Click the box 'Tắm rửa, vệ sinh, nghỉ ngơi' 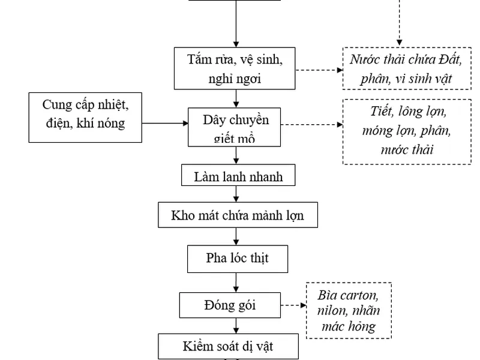pos(235,68)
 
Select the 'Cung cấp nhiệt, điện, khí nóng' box pos(85,117)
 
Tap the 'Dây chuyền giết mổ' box pos(236,127)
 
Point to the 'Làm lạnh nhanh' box pos(238,176)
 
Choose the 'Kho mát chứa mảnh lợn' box pos(237,215)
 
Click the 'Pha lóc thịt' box pos(237,258)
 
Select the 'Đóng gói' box pos(230,305)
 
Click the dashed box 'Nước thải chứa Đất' pos(406,68)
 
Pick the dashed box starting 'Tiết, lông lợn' pos(406,131)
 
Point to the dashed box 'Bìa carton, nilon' pos(349,310)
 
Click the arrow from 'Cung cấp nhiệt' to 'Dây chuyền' pos(165,124)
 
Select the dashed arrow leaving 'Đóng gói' pos(293,305)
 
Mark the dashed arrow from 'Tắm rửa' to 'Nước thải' pos(319,70)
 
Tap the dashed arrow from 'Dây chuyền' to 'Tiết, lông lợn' pos(313,125)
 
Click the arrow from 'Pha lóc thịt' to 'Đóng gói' pos(236,281)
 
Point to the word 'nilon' pos(332,311)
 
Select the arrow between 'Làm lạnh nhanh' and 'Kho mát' pos(236,194)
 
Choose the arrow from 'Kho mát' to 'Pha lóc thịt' pos(236,236)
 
